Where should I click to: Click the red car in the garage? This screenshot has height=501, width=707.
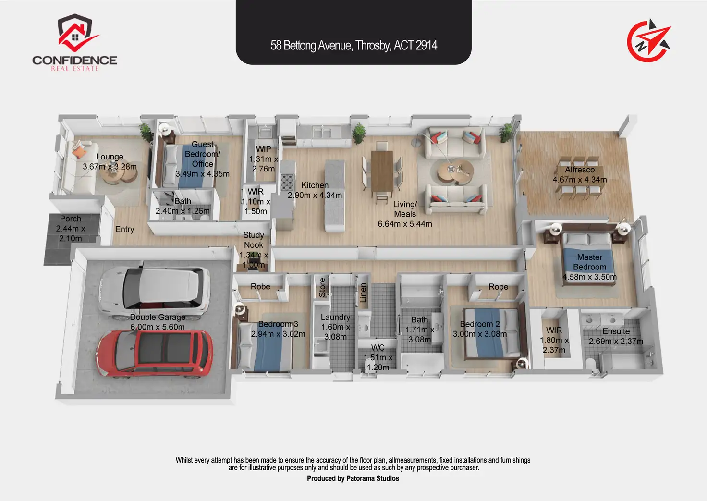(x=155, y=354)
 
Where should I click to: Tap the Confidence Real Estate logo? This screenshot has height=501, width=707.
(x=75, y=44)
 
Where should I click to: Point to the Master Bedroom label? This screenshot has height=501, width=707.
(x=589, y=262)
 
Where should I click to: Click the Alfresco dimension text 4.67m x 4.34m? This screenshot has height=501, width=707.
(x=579, y=180)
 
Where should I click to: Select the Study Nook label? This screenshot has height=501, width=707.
(x=254, y=240)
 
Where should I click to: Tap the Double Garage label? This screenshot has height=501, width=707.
(x=158, y=317)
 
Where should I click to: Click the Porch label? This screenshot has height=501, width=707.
(x=71, y=219)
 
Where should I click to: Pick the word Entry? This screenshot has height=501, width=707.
(x=124, y=229)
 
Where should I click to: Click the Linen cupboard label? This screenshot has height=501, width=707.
(x=363, y=293)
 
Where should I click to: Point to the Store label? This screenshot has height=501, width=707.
(x=322, y=287)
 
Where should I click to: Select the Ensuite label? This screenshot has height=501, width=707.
(x=616, y=331)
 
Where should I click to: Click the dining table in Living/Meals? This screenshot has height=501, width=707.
(x=382, y=171)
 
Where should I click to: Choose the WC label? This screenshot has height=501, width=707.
(x=378, y=347)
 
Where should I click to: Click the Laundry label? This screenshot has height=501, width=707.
(x=335, y=317)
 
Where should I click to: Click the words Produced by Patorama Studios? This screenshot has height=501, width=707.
(x=353, y=478)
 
